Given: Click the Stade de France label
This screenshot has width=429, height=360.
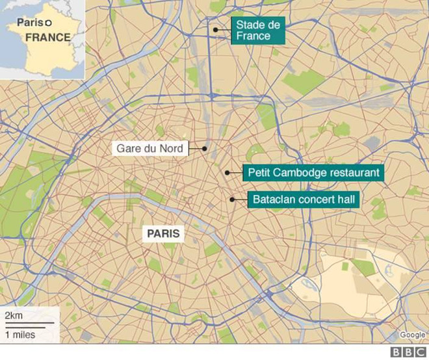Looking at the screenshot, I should [x=259, y=31].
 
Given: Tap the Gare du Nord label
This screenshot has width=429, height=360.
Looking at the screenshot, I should [x=149, y=149].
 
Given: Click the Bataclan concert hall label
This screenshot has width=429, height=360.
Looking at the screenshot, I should [x=304, y=199].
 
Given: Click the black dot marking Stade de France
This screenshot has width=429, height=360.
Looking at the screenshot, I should [x=214, y=29].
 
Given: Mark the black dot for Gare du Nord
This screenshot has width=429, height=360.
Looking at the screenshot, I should [x=204, y=148].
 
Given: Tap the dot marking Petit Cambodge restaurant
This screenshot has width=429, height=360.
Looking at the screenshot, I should [x=227, y=172].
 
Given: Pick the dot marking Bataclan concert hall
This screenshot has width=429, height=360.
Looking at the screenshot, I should [x=232, y=199].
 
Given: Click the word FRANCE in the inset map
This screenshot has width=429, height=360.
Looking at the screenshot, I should [x=47, y=37].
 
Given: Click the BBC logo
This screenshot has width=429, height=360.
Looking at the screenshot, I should [x=408, y=352].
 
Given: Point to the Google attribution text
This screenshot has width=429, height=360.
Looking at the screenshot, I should [x=413, y=335].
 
